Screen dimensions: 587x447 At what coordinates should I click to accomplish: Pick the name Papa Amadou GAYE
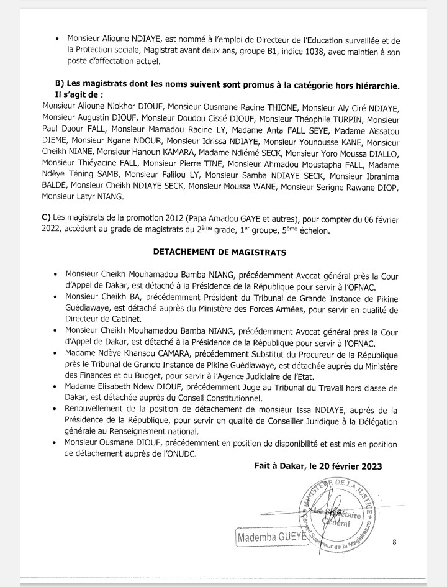click(x=217, y=219)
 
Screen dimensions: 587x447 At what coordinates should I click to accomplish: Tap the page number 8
click(x=394, y=542)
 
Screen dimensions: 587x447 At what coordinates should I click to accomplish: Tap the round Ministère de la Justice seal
click(x=335, y=516)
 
